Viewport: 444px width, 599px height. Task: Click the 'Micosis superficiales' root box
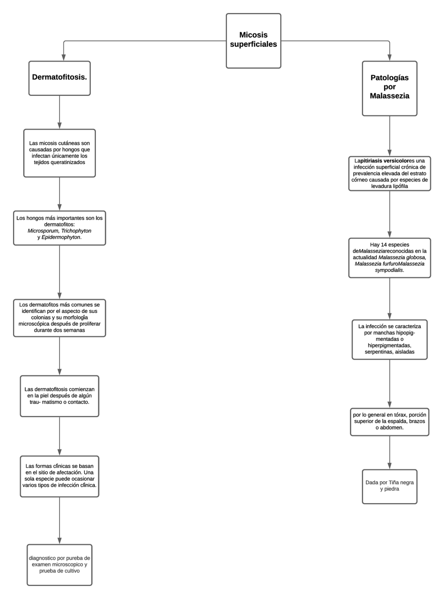[x=253, y=41]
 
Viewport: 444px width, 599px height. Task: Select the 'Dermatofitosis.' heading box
[x=59, y=78]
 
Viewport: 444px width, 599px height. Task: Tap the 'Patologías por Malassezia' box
[x=390, y=88]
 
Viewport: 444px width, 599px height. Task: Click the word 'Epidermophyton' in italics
[x=61, y=237]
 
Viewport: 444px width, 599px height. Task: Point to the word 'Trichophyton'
[x=76, y=231]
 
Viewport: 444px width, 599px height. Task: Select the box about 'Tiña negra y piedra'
[x=390, y=486]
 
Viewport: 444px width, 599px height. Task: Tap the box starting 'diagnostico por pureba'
[x=59, y=565]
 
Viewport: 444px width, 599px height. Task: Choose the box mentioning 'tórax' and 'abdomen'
[x=390, y=421]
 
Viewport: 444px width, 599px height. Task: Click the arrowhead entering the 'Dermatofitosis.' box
[x=63, y=58]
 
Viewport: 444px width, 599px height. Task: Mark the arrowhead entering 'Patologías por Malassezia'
[x=390, y=58]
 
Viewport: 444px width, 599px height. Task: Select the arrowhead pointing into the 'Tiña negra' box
[x=390, y=466]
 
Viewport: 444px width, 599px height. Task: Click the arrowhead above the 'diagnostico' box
[x=59, y=541]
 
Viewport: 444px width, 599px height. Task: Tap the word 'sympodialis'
[x=389, y=270]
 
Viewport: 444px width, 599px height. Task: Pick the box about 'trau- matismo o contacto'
[x=59, y=396]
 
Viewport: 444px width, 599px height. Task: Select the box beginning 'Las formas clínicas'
[x=59, y=476]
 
